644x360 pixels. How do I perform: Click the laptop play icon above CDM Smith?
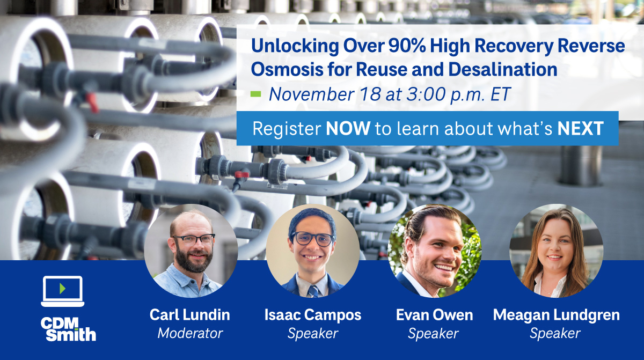point(62,290)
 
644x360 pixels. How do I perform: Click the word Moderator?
point(191,333)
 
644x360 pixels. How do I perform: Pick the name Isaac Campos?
point(313,315)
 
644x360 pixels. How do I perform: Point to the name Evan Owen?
point(434,315)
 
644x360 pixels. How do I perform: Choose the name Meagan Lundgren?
point(556,315)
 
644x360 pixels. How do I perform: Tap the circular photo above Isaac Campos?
point(313,251)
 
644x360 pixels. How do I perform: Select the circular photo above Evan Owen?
point(435,251)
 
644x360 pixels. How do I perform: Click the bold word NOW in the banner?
point(348,129)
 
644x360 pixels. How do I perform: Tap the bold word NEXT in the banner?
point(581,129)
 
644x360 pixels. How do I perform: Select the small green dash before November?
point(256,95)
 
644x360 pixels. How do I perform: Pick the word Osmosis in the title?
point(284,70)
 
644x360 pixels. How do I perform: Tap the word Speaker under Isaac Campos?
point(313,333)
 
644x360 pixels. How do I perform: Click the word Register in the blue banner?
point(286,129)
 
